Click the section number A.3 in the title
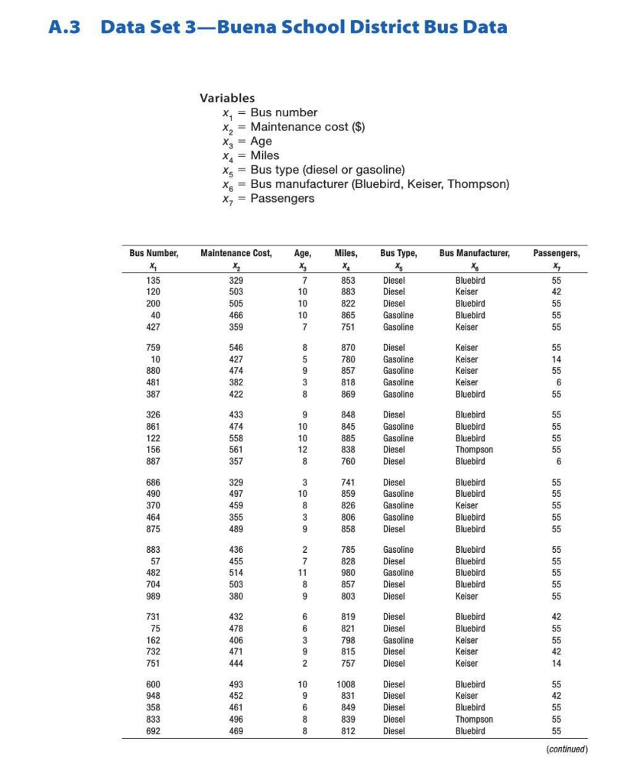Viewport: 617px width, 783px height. point(67,28)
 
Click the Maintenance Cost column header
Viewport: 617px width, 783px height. point(235,252)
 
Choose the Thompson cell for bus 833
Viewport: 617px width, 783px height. point(474,719)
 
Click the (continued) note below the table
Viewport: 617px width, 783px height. point(566,749)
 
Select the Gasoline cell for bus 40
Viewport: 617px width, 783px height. point(398,315)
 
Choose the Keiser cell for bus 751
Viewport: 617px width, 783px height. point(466,663)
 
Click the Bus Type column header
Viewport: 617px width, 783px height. point(398,252)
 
